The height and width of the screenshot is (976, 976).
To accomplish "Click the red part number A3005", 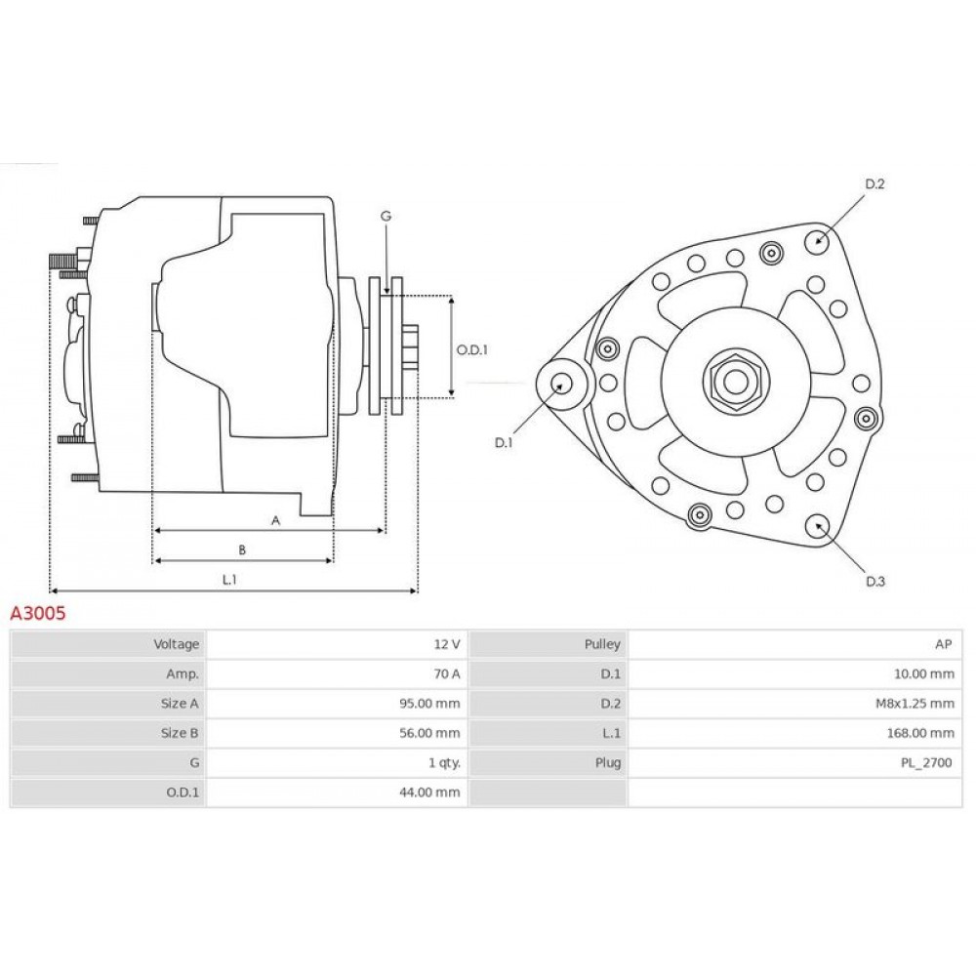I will coord(38,615).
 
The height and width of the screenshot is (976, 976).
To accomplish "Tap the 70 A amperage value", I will coord(446,673).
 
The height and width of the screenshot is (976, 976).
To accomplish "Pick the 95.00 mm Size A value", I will coord(433,703).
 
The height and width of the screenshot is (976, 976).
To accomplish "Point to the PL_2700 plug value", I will coord(928,762).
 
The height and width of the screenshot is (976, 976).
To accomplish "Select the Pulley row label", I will coord(601,644).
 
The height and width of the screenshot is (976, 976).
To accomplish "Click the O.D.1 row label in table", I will coord(182,792).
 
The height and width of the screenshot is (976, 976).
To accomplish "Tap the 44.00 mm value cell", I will coord(433,792).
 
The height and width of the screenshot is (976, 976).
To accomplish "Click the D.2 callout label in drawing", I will coord(874,184).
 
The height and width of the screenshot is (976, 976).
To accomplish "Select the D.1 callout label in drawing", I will coord(504,443).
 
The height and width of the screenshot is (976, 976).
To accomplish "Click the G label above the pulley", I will coord(386,216).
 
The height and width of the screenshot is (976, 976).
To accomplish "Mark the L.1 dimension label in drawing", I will coord(229,580).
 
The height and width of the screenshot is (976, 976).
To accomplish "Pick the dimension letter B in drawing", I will coord(242,549).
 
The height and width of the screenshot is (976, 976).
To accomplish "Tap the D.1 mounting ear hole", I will coord(561,384).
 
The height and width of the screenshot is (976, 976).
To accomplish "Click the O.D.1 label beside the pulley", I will coord(471,349).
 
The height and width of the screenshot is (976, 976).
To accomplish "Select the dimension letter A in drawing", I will coord(275,521).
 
